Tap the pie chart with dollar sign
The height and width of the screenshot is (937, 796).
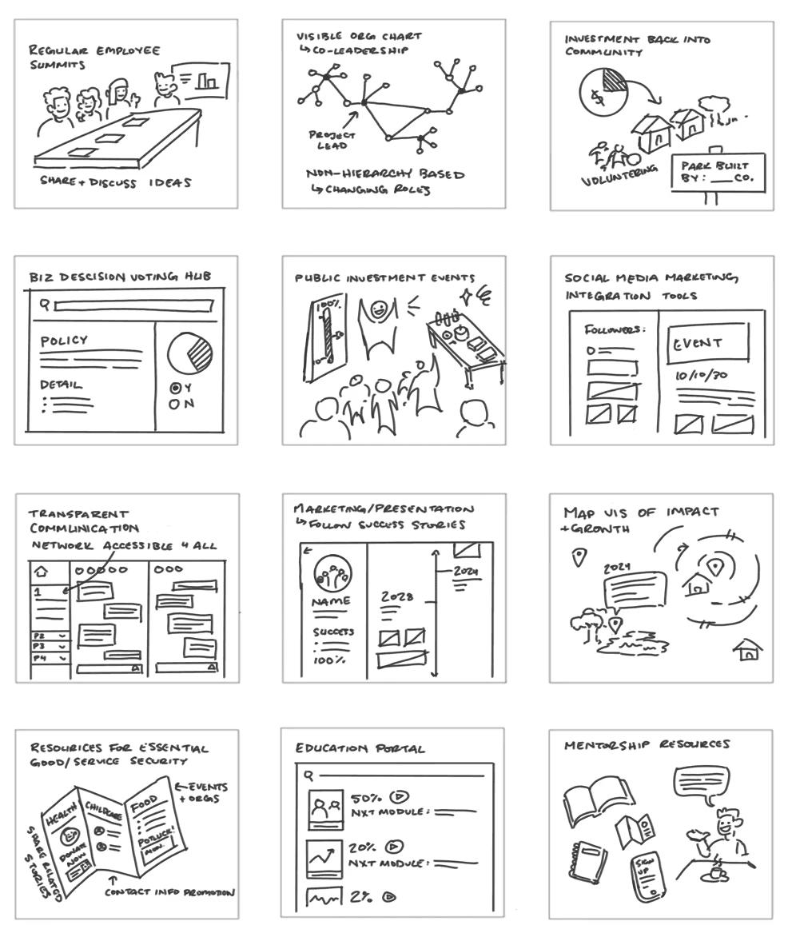click(602, 92)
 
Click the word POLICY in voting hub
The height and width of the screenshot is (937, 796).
click(64, 341)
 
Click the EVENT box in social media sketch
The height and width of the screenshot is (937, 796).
click(708, 344)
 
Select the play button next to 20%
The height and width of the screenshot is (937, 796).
click(396, 847)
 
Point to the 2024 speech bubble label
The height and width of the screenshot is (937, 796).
click(617, 568)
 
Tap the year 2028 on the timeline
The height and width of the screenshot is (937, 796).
click(396, 596)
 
